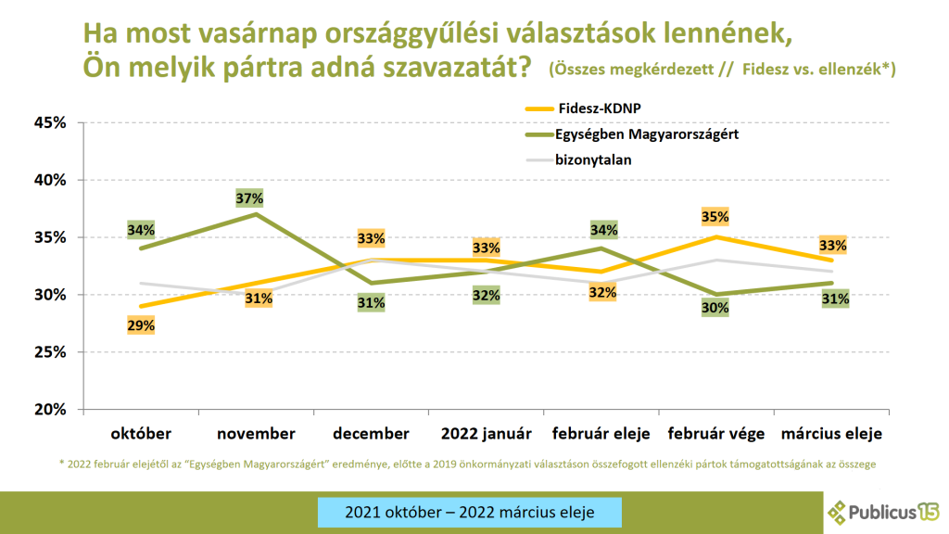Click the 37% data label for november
(x=250, y=197)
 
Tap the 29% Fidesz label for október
(x=142, y=324)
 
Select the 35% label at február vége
(x=716, y=217)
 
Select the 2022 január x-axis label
(x=486, y=433)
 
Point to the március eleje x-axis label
(x=831, y=433)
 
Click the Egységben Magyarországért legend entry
(x=647, y=133)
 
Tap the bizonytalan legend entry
(x=593, y=159)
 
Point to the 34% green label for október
(x=142, y=229)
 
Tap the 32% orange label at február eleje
(x=601, y=292)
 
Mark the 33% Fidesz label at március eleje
(x=831, y=246)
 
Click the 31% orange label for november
(x=258, y=299)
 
